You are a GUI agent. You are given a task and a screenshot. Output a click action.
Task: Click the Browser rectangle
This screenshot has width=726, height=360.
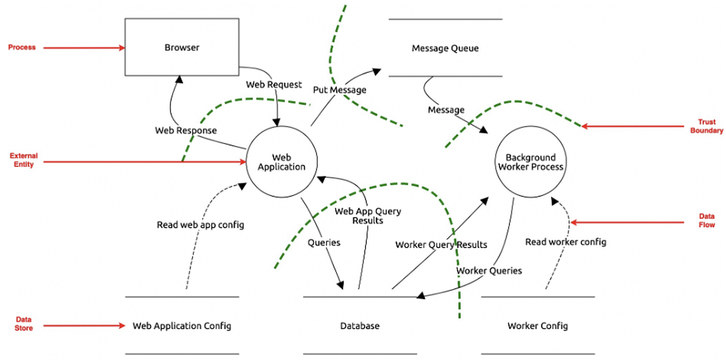point(181,47)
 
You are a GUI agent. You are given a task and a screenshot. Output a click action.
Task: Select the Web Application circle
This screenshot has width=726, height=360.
point(281,162)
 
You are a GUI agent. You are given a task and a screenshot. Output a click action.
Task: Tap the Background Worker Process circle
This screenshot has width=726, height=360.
point(529,162)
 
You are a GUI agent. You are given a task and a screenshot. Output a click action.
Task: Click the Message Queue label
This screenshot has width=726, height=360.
point(445,48)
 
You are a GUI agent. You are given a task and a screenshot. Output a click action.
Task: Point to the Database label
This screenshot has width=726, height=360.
point(359,326)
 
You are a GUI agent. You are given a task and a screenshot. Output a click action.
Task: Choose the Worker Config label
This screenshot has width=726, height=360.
point(537,326)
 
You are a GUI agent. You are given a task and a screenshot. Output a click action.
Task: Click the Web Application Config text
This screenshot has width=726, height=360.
point(181,326)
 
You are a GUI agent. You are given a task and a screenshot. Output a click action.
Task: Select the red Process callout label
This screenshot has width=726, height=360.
point(22,47)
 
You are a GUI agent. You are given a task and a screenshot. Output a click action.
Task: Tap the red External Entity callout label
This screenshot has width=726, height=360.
point(22,160)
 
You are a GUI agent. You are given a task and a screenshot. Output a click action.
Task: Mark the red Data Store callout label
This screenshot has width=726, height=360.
point(24,324)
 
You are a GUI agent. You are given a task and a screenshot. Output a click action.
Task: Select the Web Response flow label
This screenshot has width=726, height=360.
point(186,130)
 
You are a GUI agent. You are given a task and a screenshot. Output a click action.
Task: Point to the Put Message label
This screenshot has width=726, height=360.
point(339,90)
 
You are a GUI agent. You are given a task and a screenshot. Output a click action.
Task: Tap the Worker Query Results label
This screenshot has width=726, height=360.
point(441,245)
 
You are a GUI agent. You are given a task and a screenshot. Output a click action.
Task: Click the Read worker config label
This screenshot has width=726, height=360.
point(565,242)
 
